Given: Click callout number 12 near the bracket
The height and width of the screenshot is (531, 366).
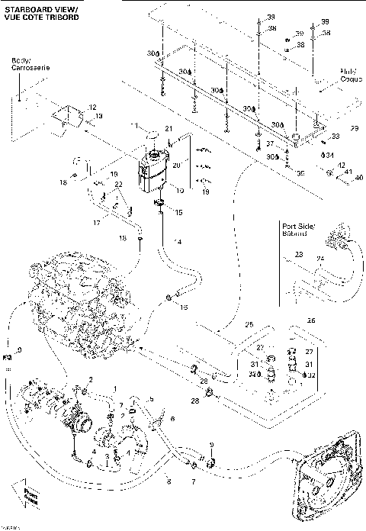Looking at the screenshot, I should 94,107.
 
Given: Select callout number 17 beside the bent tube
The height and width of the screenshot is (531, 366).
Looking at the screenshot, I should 96,223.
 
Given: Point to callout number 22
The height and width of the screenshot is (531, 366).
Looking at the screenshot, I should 119,185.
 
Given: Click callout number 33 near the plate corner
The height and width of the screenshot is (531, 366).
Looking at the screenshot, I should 335,137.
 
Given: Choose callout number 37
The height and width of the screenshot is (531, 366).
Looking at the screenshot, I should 268,143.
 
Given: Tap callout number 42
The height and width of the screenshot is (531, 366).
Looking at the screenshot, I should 341,166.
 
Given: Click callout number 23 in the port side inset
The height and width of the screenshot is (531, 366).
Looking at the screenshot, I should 299,255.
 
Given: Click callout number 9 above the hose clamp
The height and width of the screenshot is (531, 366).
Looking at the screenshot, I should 212,444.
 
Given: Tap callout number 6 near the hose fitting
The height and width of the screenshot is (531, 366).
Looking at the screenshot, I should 172,419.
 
